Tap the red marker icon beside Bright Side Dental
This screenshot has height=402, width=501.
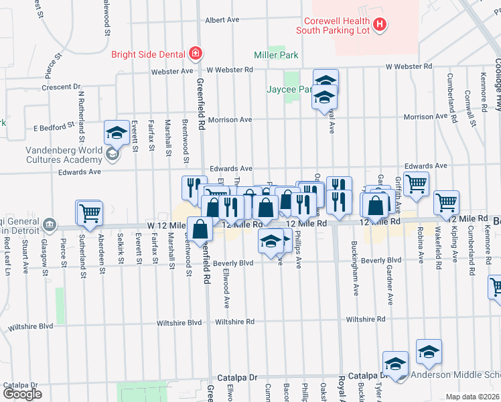click(195, 52)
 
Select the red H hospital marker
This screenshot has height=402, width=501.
click(380, 25)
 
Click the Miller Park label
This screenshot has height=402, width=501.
click(276, 55)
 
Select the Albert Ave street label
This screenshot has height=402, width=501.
click(222, 20)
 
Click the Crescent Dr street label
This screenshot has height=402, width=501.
click(60, 87)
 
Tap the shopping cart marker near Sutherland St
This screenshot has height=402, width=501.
click(90, 212)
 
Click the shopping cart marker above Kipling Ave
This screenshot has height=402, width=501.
click(446, 202)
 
